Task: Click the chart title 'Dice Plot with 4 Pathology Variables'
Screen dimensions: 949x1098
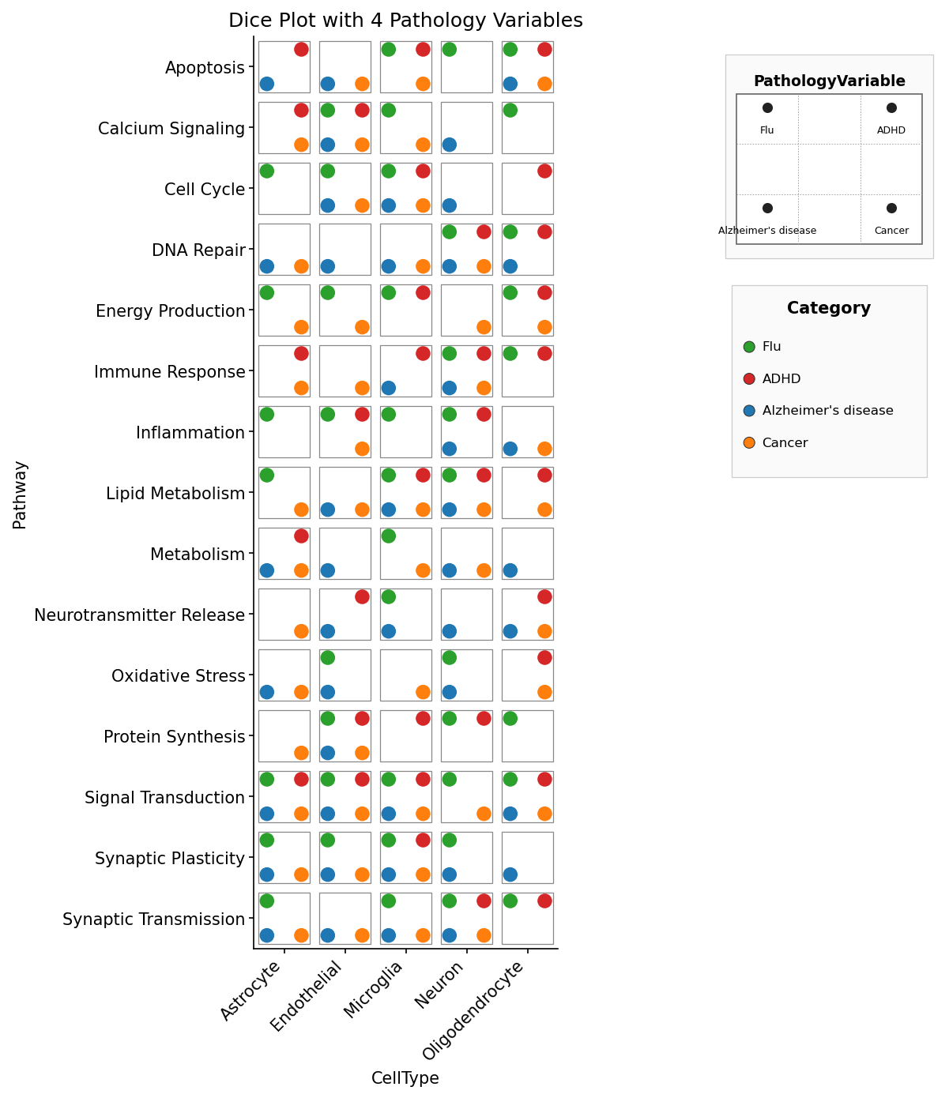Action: click(405, 21)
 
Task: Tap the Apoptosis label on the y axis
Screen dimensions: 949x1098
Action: click(205, 67)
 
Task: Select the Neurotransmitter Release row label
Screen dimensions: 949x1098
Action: click(139, 615)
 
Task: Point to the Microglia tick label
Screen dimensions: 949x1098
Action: click(373, 990)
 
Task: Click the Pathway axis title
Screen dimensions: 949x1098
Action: click(20, 495)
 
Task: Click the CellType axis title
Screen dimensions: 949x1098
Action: click(405, 1077)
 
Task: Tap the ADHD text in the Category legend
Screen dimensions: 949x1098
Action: click(781, 378)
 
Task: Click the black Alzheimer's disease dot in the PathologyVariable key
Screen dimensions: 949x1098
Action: click(767, 209)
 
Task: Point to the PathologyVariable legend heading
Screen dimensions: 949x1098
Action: click(829, 81)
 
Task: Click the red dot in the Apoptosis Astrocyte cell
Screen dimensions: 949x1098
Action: click(301, 50)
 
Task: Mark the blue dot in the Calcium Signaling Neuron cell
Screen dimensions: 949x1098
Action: click(450, 145)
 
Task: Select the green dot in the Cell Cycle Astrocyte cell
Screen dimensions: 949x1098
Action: click(267, 171)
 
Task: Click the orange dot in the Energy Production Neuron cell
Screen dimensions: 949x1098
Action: click(484, 327)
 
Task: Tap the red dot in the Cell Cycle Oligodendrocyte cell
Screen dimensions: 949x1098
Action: click(544, 171)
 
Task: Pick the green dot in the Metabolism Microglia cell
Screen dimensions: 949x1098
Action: click(389, 536)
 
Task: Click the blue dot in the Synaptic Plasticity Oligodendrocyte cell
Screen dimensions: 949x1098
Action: click(510, 874)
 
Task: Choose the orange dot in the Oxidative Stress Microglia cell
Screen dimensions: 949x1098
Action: click(423, 692)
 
